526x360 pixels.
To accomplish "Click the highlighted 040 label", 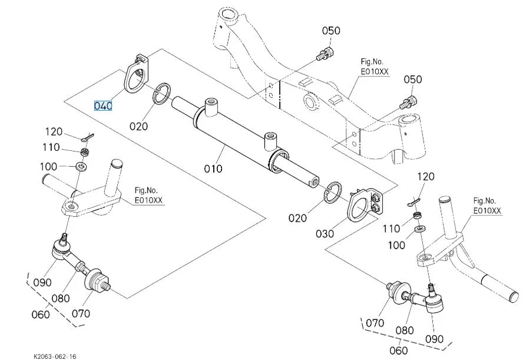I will (103, 106).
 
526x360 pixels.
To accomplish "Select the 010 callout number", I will (213, 169).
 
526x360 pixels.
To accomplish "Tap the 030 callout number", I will (324, 233).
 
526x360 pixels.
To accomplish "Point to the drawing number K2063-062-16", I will (55, 356).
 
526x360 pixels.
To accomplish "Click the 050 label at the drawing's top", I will (330, 30).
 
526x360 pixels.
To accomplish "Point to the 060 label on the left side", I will (40, 314).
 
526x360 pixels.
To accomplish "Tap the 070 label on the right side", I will (375, 322).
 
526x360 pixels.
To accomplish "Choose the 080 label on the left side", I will (61, 298).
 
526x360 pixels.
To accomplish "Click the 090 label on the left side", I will (42, 282).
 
